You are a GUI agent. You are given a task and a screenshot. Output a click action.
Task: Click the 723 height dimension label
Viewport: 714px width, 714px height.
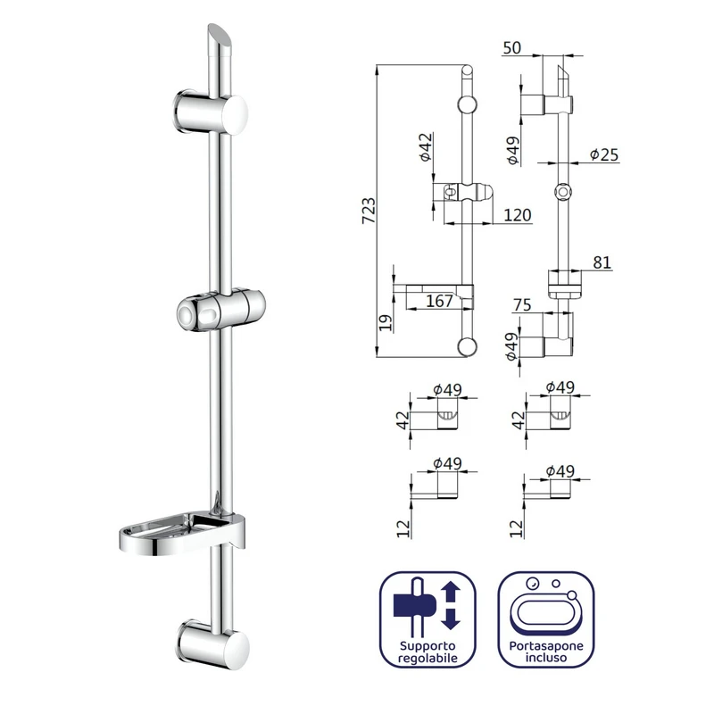[x=369, y=211]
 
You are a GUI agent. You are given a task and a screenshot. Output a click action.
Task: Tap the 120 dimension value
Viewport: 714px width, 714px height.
[x=518, y=215]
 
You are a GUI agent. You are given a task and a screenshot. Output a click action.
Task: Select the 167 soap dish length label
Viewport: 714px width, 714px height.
[x=439, y=301]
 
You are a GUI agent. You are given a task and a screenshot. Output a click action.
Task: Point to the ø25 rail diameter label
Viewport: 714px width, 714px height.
[x=604, y=154]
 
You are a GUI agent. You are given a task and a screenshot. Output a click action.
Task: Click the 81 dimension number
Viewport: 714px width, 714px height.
[x=602, y=262]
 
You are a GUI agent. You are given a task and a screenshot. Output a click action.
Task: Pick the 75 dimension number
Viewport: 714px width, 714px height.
[x=522, y=304]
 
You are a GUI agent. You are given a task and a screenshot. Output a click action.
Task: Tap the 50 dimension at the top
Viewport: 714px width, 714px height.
[x=511, y=48]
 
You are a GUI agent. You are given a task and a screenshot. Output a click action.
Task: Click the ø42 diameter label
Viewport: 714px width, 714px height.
[x=426, y=147]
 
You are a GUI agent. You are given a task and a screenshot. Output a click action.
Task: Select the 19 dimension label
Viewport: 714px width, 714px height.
[x=386, y=323]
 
